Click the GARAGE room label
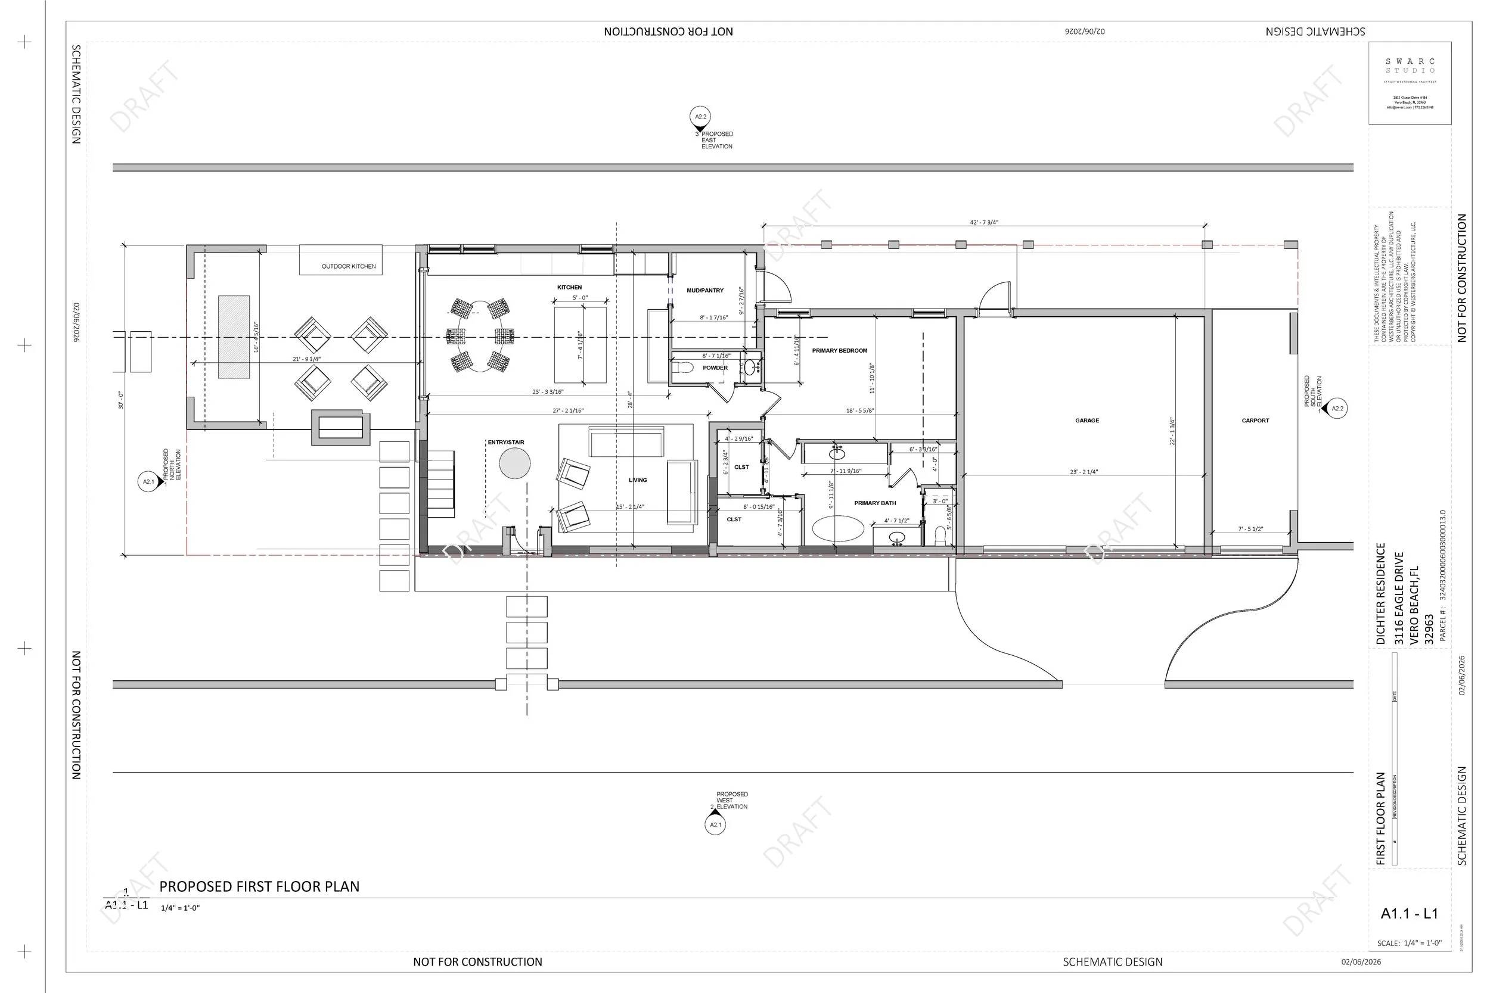tap(1087, 421)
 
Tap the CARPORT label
tap(1255, 421)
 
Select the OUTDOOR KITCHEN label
tap(349, 267)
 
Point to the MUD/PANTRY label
tap(704, 291)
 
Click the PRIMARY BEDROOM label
tap(839, 350)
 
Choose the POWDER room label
tap(715, 368)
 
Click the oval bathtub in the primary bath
tap(837, 529)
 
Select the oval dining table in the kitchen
tap(480, 337)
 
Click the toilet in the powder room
tap(683, 368)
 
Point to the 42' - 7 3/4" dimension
tap(984, 223)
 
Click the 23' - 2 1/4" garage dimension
tap(1084, 472)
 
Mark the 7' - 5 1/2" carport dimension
tap(1250, 529)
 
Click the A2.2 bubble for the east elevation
tap(700, 117)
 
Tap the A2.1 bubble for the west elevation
tap(715, 825)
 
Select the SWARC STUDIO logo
tap(1410, 67)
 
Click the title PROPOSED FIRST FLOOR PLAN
tap(259, 886)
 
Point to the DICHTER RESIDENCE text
tap(1380, 593)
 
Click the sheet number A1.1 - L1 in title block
tap(1409, 914)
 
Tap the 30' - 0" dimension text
tap(121, 400)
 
